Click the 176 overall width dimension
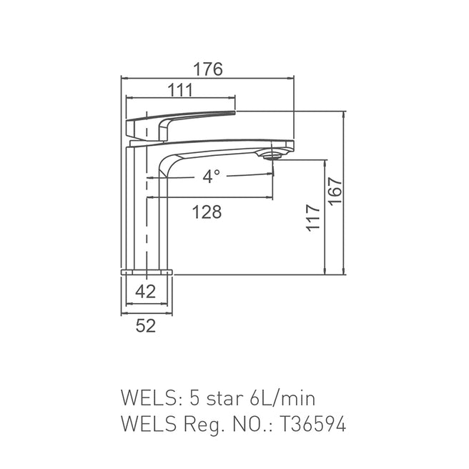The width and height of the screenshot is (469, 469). [x=208, y=69]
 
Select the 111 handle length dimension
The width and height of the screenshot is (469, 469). [x=182, y=89]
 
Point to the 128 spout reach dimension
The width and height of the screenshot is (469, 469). [x=207, y=212]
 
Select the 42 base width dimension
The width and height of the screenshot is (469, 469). [x=146, y=291]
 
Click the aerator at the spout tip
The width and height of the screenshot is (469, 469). [x=272, y=153]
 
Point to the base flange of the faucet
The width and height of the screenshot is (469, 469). [x=148, y=272]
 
